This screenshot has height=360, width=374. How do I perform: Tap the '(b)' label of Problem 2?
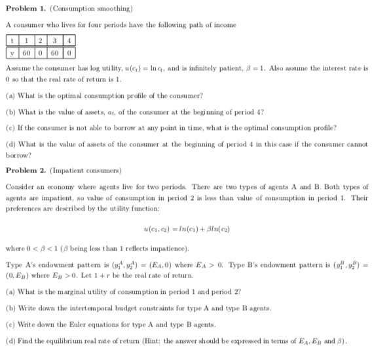[x=10, y=313]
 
